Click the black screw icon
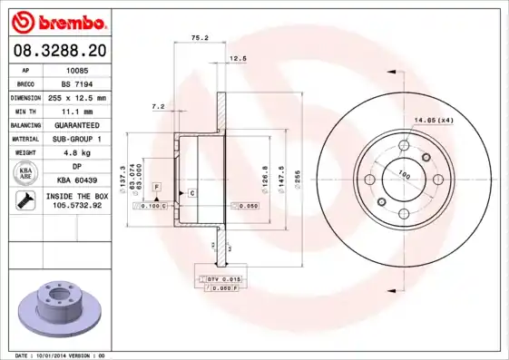(22, 200)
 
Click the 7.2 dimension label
(158, 107)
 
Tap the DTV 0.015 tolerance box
(215, 277)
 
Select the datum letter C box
(192, 193)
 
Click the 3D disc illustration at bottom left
(56, 303)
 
